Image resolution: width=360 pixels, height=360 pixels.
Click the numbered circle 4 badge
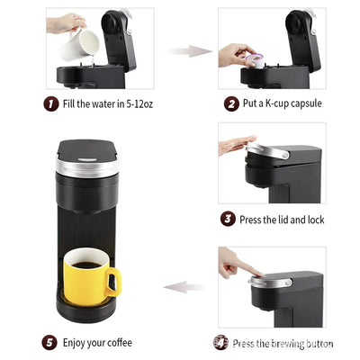click(220, 342)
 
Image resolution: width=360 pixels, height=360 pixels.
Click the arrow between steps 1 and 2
click(186, 51)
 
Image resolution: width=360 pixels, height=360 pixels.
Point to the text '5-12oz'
click(138, 103)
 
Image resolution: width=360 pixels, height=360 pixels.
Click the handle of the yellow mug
click(112, 282)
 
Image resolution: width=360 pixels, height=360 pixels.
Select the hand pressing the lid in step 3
click(236, 142)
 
